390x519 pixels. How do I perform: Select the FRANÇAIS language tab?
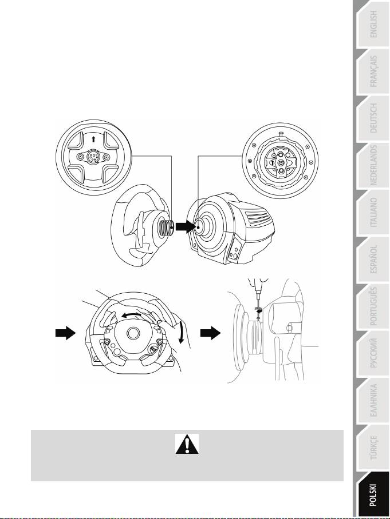373,71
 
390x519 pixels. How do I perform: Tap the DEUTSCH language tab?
373,118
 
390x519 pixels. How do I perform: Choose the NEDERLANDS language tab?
373,165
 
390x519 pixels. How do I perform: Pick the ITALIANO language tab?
373,212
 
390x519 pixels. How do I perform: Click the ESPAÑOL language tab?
373,259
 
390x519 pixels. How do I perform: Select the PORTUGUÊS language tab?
373,306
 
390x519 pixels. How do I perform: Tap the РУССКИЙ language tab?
373,353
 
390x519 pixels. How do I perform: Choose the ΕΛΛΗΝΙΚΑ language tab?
373,400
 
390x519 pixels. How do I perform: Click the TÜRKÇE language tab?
373,447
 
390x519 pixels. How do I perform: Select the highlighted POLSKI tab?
373,494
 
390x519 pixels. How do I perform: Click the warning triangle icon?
187,444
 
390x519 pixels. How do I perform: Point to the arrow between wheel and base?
186,227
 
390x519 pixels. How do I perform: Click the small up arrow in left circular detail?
93,139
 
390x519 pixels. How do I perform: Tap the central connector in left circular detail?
93,157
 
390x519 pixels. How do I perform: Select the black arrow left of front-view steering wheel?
65,333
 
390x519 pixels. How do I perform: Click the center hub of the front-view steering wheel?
133,333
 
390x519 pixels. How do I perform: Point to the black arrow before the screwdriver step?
210,333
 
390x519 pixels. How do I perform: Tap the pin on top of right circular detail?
280,134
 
